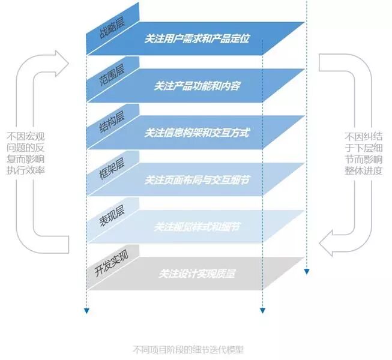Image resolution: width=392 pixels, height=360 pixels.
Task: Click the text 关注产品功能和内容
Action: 197,86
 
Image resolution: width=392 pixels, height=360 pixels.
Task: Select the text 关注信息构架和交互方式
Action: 197,133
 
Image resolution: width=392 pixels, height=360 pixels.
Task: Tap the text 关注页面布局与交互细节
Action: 197,180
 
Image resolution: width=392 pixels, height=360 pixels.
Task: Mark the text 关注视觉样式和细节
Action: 197,227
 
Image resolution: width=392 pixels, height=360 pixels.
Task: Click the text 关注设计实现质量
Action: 197,274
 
